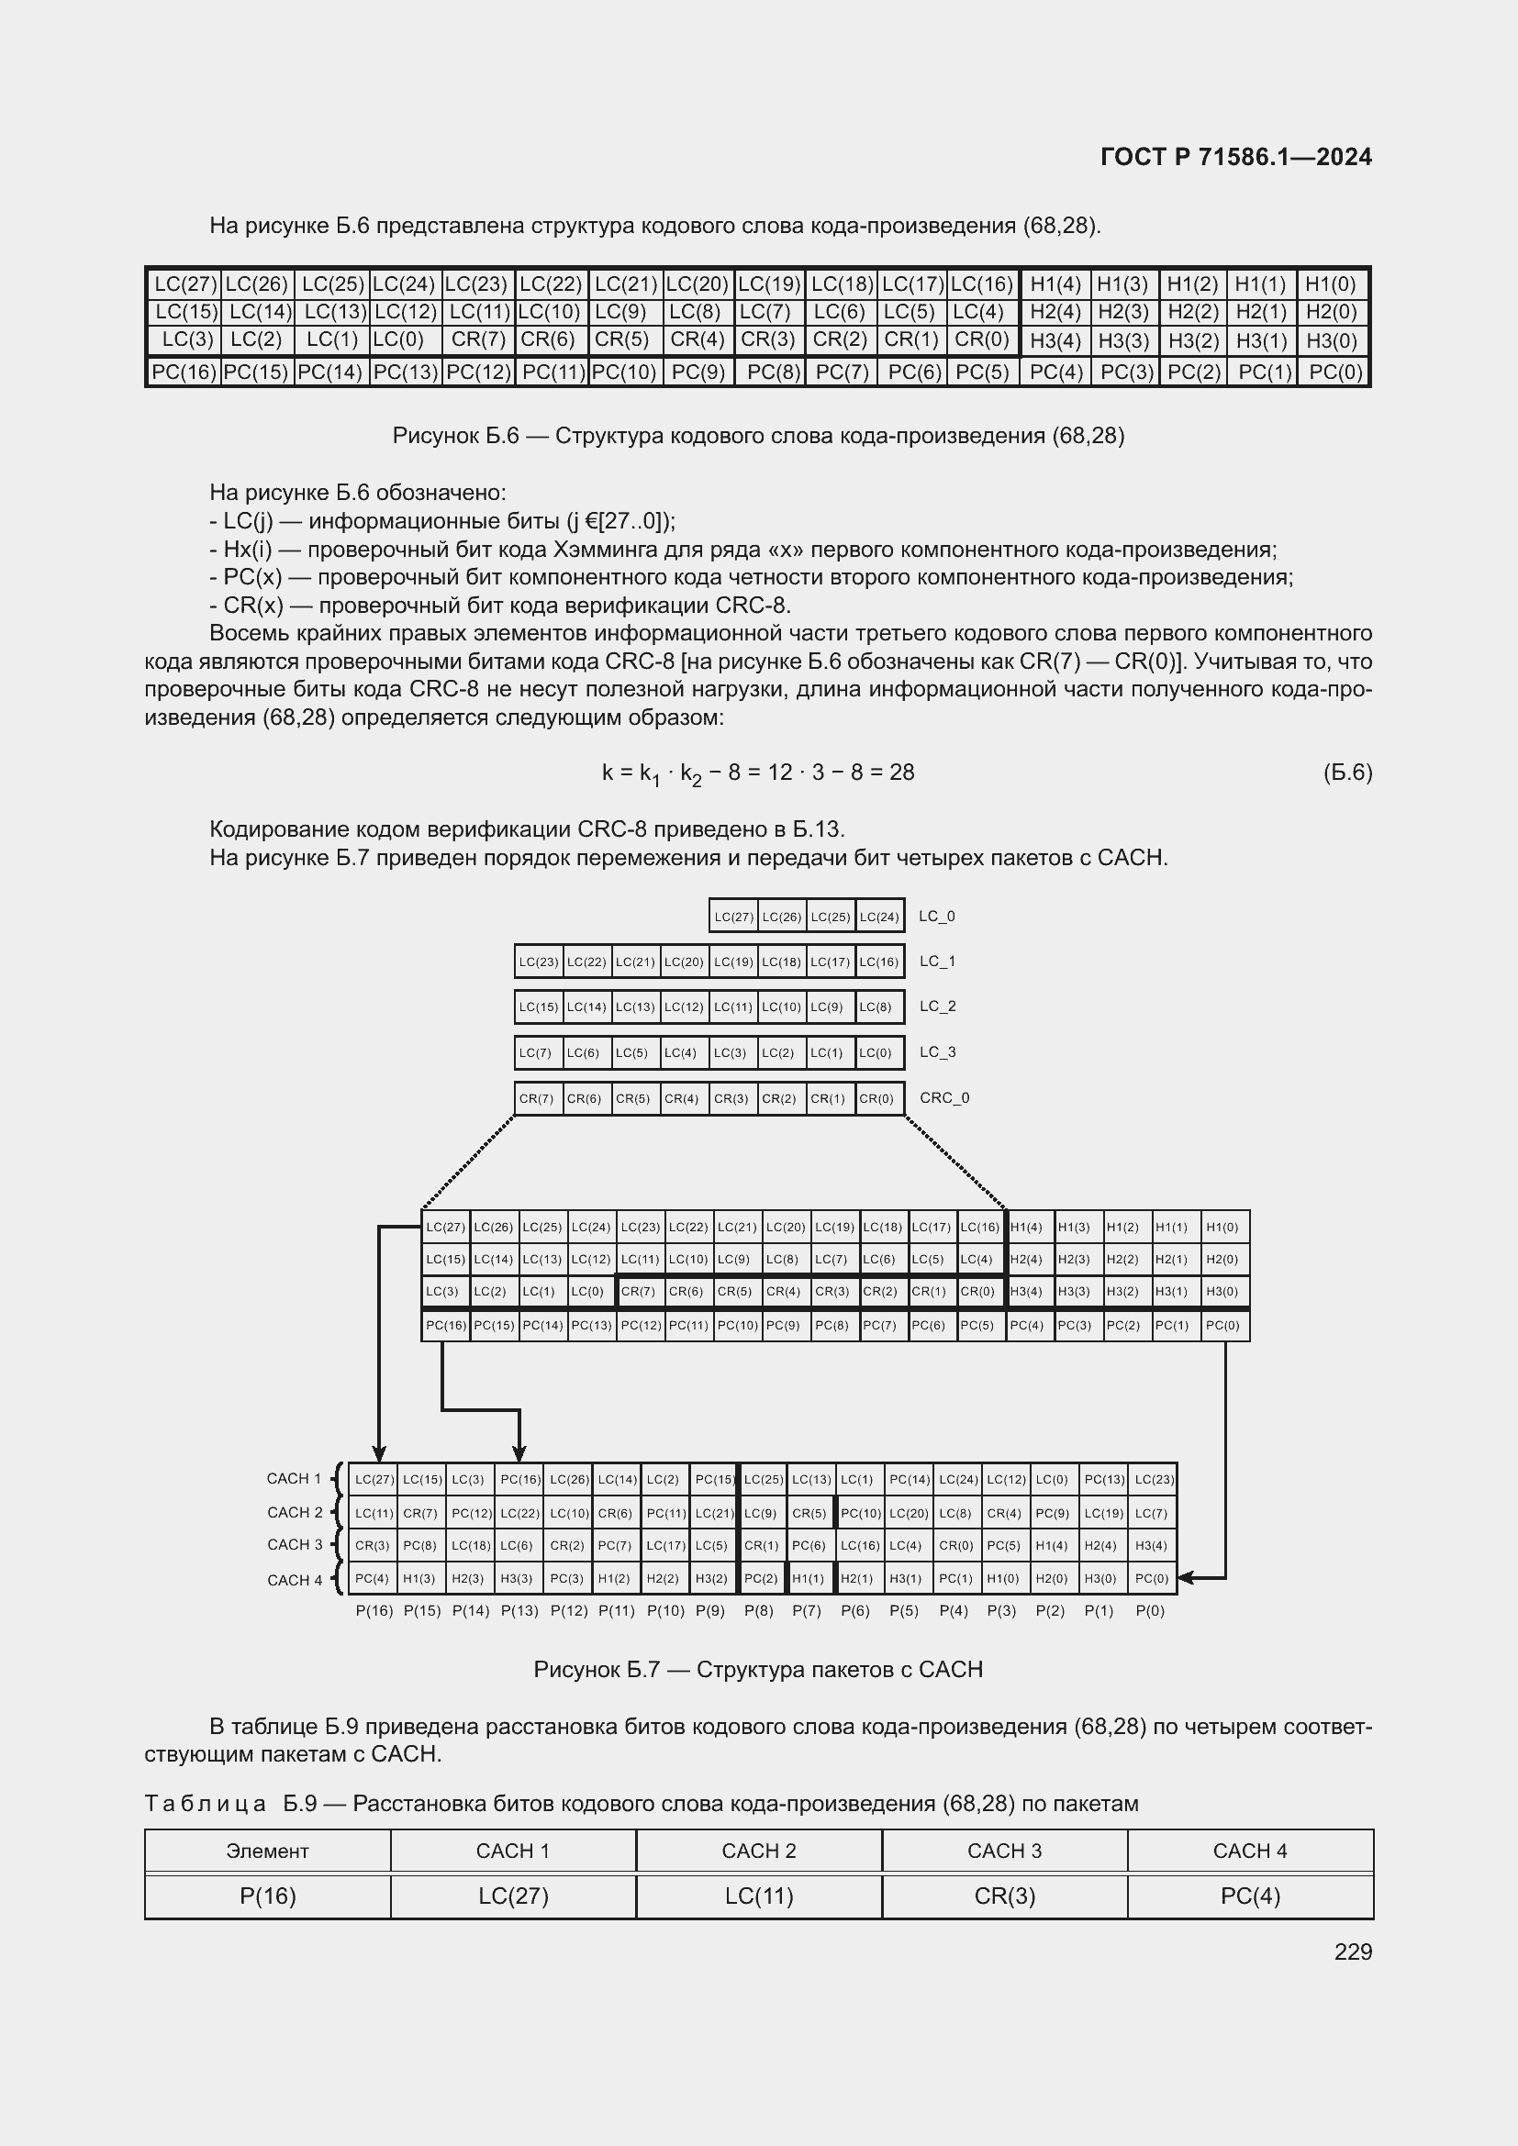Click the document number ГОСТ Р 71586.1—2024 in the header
pos(1235,157)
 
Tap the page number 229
pos(1353,1952)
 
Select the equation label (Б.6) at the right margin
pos(1347,772)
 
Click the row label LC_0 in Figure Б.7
pos(937,916)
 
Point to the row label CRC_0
pos(944,1097)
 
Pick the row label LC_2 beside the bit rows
pos(937,1006)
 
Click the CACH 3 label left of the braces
pos(295,1545)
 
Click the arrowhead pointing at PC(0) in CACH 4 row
pos(1185,1579)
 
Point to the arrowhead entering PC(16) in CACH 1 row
pos(519,1455)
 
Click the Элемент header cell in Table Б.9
pos(267,1851)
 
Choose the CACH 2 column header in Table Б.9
pos(758,1851)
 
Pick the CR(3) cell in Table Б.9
pos(1004,1896)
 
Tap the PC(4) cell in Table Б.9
pos(1250,1896)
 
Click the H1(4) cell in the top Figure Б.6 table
pos(1055,284)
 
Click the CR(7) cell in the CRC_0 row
pos(537,1098)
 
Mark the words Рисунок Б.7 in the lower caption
pos(597,1670)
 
